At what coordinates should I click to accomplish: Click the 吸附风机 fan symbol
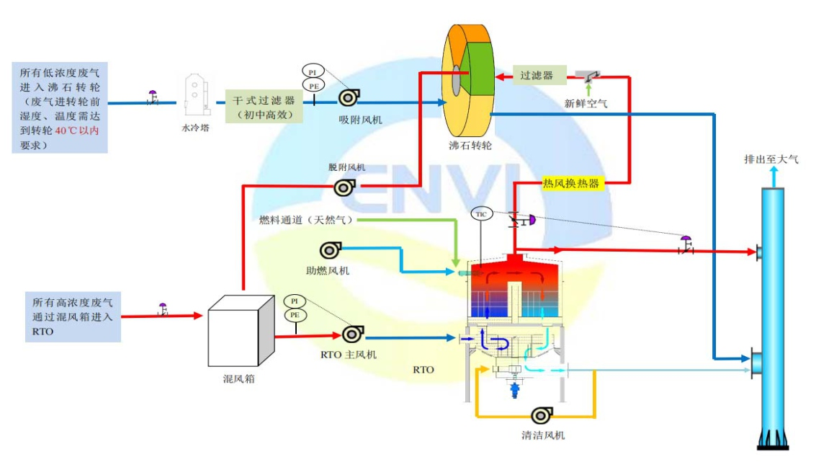[x=349, y=97]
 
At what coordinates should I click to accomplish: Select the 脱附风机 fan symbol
[x=344, y=187]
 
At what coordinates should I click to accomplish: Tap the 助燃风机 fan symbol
[x=331, y=251]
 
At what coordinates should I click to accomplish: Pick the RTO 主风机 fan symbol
[x=353, y=334]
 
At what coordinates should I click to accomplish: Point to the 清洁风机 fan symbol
[x=542, y=415]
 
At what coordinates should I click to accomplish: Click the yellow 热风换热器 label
[x=571, y=183]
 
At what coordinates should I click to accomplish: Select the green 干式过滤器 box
[x=264, y=107]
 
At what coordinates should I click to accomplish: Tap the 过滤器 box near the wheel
[x=539, y=76]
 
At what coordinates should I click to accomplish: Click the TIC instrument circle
[x=481, y=214]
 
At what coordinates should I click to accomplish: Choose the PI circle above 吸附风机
[x=313, y=71]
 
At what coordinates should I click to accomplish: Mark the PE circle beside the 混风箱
[x=295, y=315]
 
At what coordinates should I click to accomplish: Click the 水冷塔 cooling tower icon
[x=197, y=95]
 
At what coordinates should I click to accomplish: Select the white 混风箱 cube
[x=241, y=331]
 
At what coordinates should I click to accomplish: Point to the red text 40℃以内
[x=76, y=130]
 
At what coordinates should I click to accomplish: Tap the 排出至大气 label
[x=771, y=159]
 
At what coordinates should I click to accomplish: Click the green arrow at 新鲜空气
[x=588, y=89]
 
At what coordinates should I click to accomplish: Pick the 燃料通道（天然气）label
[x=307, y=220]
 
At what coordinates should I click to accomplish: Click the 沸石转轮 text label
[x=470, y=146]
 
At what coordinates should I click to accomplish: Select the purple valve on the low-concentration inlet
[x=153, y=97]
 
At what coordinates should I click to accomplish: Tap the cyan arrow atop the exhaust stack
[x=774, y=177]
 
